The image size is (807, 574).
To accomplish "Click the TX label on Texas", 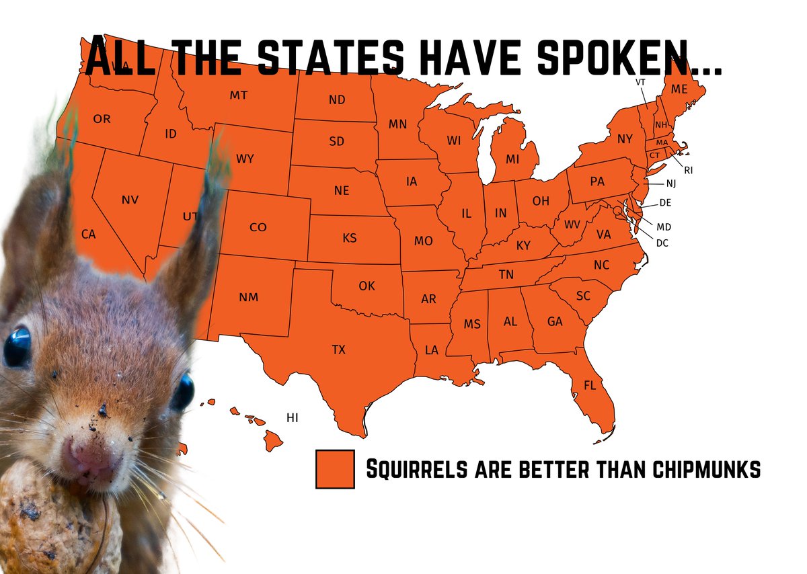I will (338, 350).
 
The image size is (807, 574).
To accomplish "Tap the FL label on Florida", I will (590, 386).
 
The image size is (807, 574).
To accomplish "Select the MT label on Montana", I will (238, 95).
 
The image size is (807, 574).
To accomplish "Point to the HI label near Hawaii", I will (292, 417).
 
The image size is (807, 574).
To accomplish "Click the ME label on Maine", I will (679, 89).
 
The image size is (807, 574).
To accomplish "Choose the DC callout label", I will (662, 243).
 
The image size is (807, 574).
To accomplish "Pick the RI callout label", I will (688, 170).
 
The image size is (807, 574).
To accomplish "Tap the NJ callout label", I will (671, 183).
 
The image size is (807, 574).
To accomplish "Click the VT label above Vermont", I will (640, 82).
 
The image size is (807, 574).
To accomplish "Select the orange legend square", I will (335, 468).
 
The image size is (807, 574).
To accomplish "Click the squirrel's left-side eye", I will (17, 347).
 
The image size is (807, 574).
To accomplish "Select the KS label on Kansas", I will (349, 238).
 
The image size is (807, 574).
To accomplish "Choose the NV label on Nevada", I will (130, 200).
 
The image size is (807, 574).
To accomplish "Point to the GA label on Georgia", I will (555, 322).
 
